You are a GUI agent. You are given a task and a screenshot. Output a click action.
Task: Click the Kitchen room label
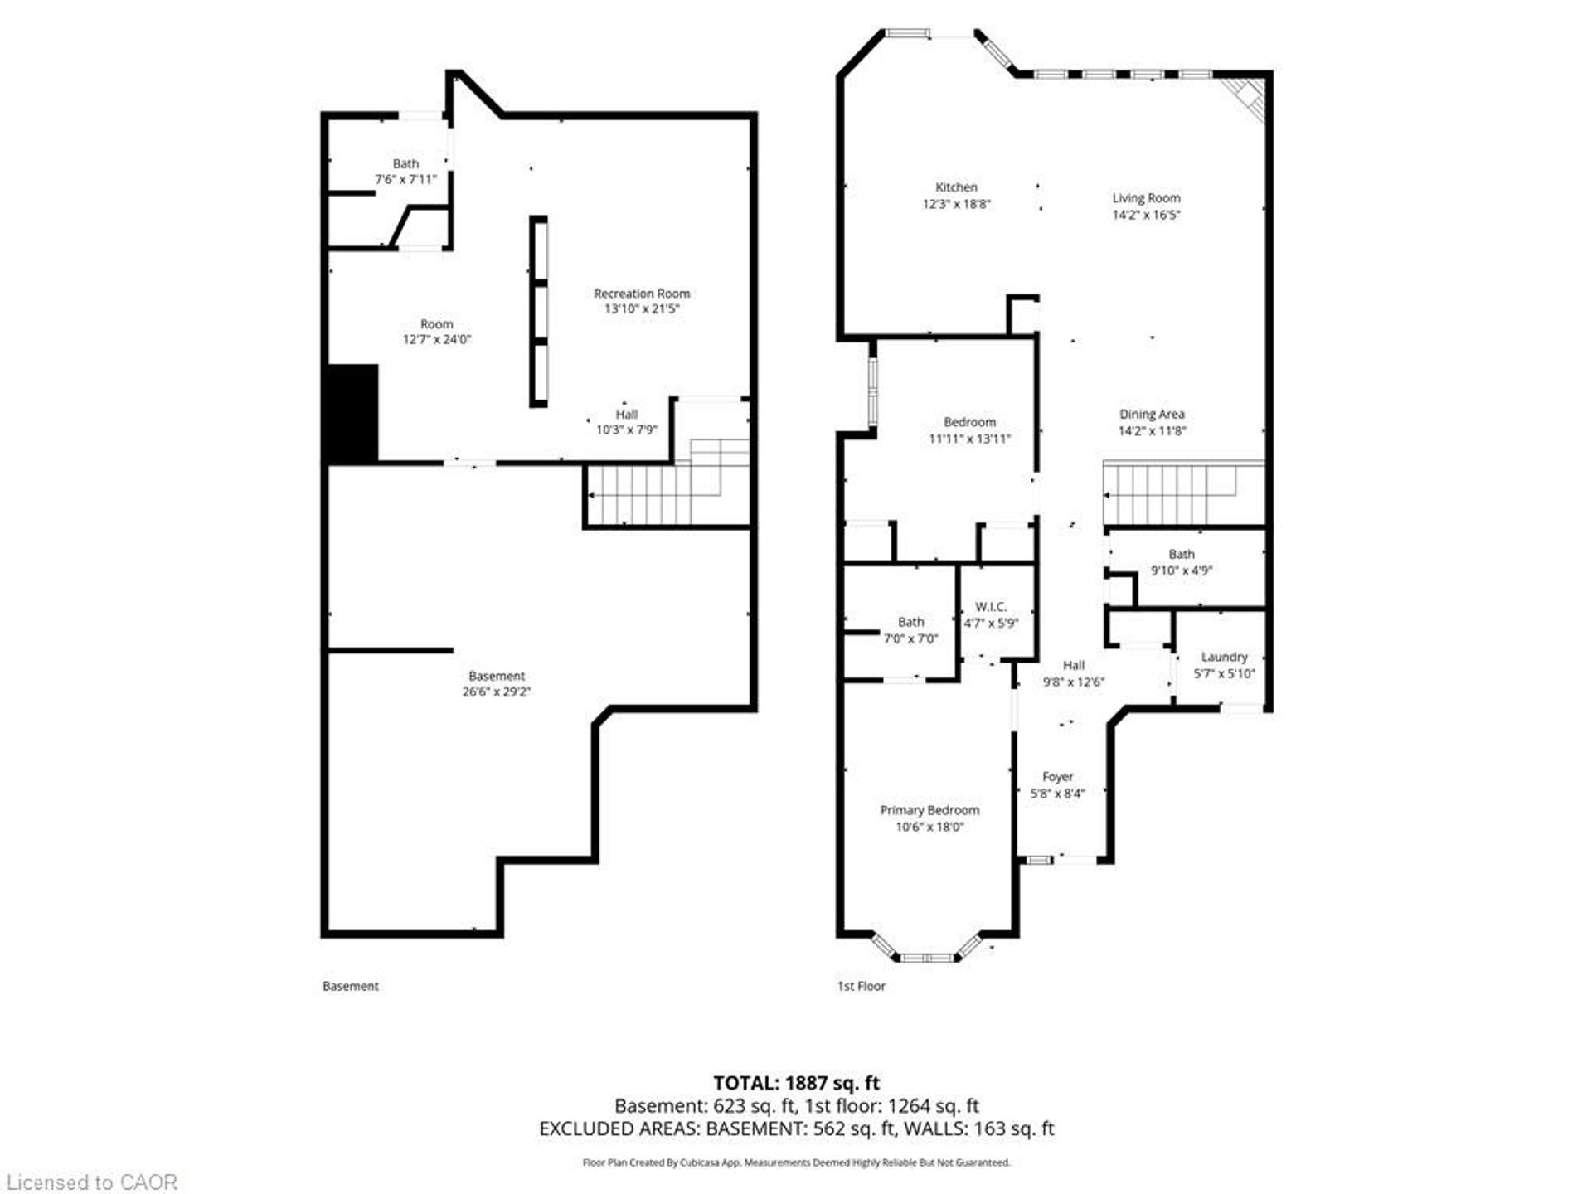956,187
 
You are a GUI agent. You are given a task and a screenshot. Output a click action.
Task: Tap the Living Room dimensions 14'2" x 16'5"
1147,215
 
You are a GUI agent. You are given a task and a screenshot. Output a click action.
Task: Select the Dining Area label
1152,414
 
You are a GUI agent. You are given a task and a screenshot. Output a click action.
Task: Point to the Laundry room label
1224,657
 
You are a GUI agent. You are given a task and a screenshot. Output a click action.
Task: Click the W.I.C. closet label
991,607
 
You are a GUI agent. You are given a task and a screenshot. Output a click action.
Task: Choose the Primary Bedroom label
929,810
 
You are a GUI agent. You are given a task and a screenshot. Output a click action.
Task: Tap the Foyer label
1057,777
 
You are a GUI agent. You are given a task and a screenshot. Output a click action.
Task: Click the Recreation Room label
642,294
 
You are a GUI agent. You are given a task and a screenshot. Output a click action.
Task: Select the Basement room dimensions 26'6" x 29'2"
497,692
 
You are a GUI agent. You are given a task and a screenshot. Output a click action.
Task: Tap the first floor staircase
1184,493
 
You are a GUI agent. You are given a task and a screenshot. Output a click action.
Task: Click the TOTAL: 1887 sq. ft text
797,1083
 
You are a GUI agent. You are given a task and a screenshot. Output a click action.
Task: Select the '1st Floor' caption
862,986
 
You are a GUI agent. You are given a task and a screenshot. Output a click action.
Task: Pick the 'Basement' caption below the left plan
351,986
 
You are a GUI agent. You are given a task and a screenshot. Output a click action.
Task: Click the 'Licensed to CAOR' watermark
91,1182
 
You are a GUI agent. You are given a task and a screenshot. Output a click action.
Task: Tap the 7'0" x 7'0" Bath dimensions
911,638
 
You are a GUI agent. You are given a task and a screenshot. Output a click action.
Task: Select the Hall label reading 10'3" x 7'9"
627,422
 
